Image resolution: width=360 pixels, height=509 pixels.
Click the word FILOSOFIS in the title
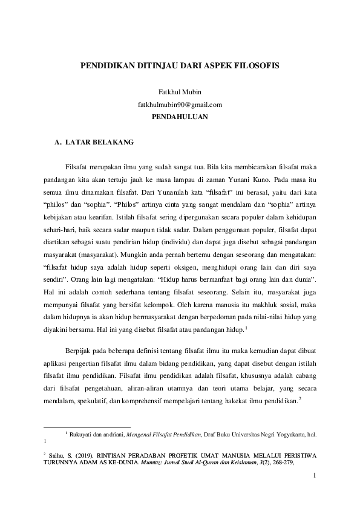coord(255,65)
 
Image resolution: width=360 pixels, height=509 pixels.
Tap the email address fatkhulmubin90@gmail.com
coord(180,104)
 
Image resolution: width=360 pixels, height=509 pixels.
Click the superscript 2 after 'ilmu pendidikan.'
coord(300,398)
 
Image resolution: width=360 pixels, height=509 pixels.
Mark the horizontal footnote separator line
coord(88,427)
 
